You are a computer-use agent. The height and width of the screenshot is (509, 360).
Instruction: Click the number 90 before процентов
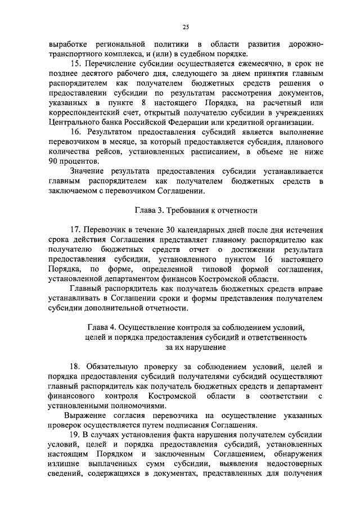click(55, 162)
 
